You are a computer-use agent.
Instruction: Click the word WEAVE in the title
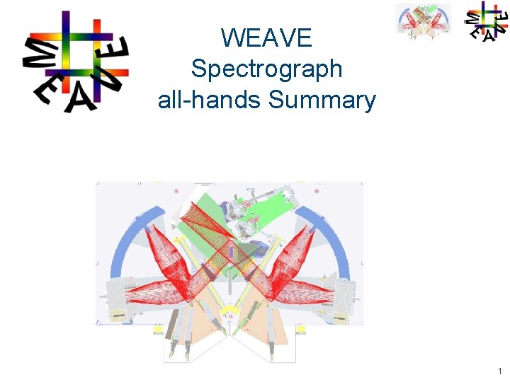click(266, 37)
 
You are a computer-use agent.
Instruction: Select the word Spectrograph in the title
click(266, 69)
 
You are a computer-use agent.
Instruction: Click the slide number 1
click(499, 371)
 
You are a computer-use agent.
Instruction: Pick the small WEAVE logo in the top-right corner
click(486, 21)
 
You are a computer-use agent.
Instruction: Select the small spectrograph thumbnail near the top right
click(423, 21)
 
